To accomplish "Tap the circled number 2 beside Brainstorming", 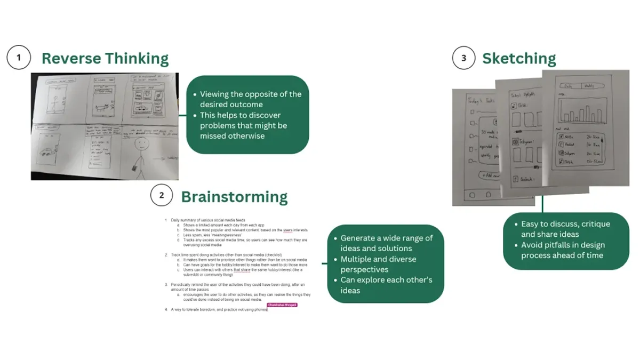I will tap(161, 196).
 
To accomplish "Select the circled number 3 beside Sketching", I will tap(463, 58).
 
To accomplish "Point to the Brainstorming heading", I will tap(234, 197).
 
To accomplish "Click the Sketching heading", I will tap(519, 58).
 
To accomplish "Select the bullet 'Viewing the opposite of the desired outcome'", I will tap(250, 99).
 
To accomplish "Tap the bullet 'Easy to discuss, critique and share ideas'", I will tap(565, 229).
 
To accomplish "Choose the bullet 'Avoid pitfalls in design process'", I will tap(562, 250).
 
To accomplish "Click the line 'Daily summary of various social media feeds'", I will tap(210, 220).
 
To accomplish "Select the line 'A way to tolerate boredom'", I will tap(219, 309).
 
